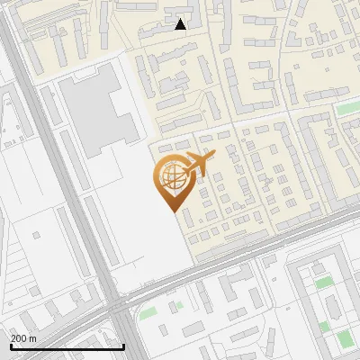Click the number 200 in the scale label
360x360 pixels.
(19, 338)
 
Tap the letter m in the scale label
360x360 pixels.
(32, 338)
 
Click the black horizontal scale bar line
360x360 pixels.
(67, 346)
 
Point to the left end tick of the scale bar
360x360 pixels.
(11, 345)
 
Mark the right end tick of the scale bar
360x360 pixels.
(123, 345)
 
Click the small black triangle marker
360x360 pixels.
(181, 24)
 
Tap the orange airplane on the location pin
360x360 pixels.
(199, 165)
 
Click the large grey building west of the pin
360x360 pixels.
(99, 112)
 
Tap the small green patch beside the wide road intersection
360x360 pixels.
(147, 314)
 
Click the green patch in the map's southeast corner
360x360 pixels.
(344, 338)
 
